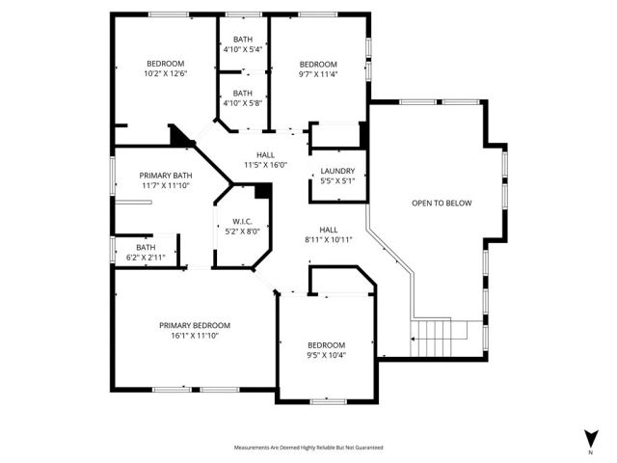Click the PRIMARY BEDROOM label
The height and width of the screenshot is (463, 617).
click(x=195, y=325)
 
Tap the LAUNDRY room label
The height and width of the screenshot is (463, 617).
click(x=337, y=170)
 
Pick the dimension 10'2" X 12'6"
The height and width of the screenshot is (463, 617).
click(x=165, y=72)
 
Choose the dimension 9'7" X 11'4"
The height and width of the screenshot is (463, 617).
click(x=318, y=72)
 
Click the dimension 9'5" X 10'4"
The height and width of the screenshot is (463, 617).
click(x=326, y=355)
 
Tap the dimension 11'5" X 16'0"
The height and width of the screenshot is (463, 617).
click(x=265, y=165)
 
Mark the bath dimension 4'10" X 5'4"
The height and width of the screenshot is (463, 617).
click(x=242, y=49)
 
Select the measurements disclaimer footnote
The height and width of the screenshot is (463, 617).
click(x=308, y=448)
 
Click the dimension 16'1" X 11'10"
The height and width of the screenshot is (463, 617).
click(x=195, y=336)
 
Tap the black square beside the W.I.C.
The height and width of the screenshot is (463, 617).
click(x=260, y=190)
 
